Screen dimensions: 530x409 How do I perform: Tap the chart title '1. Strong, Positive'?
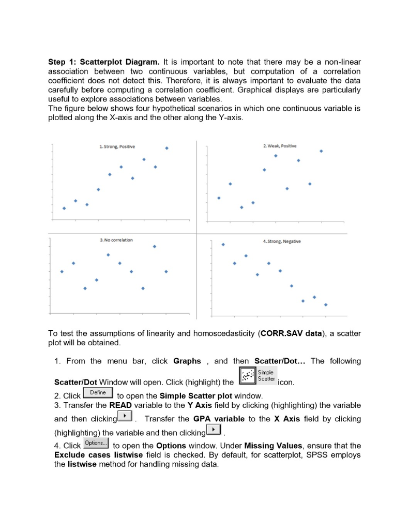pyautogui.click(x=117, y=147)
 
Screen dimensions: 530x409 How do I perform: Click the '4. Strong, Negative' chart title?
pyautogui.click(x=281, y=241)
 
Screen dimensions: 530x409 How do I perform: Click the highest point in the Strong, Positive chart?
pyautogui.click(x=166, y=148)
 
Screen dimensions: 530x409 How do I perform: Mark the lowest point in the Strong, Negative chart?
pyautogui.click(x=326, y=305)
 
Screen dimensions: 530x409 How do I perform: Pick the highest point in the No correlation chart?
pyautogui.click(x=155, y=246)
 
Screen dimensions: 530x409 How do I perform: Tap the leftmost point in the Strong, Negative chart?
pyautogui.click(x=223, y=244)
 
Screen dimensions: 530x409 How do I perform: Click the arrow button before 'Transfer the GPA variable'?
pyautogui.click(x=125, y=417)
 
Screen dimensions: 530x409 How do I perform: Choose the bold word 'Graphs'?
pyautogui.click(x=187, y=361)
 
